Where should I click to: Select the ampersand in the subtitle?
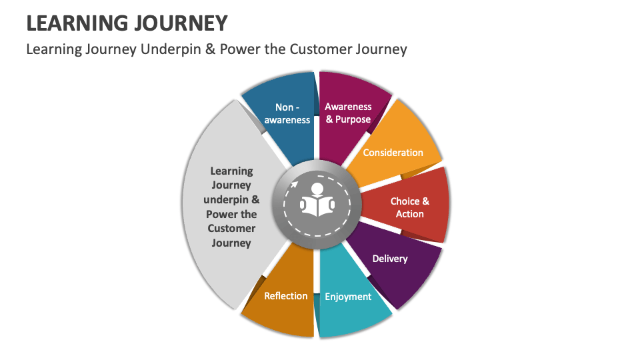209,49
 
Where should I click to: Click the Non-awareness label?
287,113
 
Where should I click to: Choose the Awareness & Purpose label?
348,113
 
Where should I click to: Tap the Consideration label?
393,153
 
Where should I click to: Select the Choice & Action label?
409,207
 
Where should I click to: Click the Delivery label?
390,258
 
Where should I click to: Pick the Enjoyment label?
348,297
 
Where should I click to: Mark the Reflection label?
286,296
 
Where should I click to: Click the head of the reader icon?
317,189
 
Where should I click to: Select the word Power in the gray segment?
221,214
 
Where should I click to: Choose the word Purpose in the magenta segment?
353,119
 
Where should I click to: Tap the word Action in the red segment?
409,214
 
